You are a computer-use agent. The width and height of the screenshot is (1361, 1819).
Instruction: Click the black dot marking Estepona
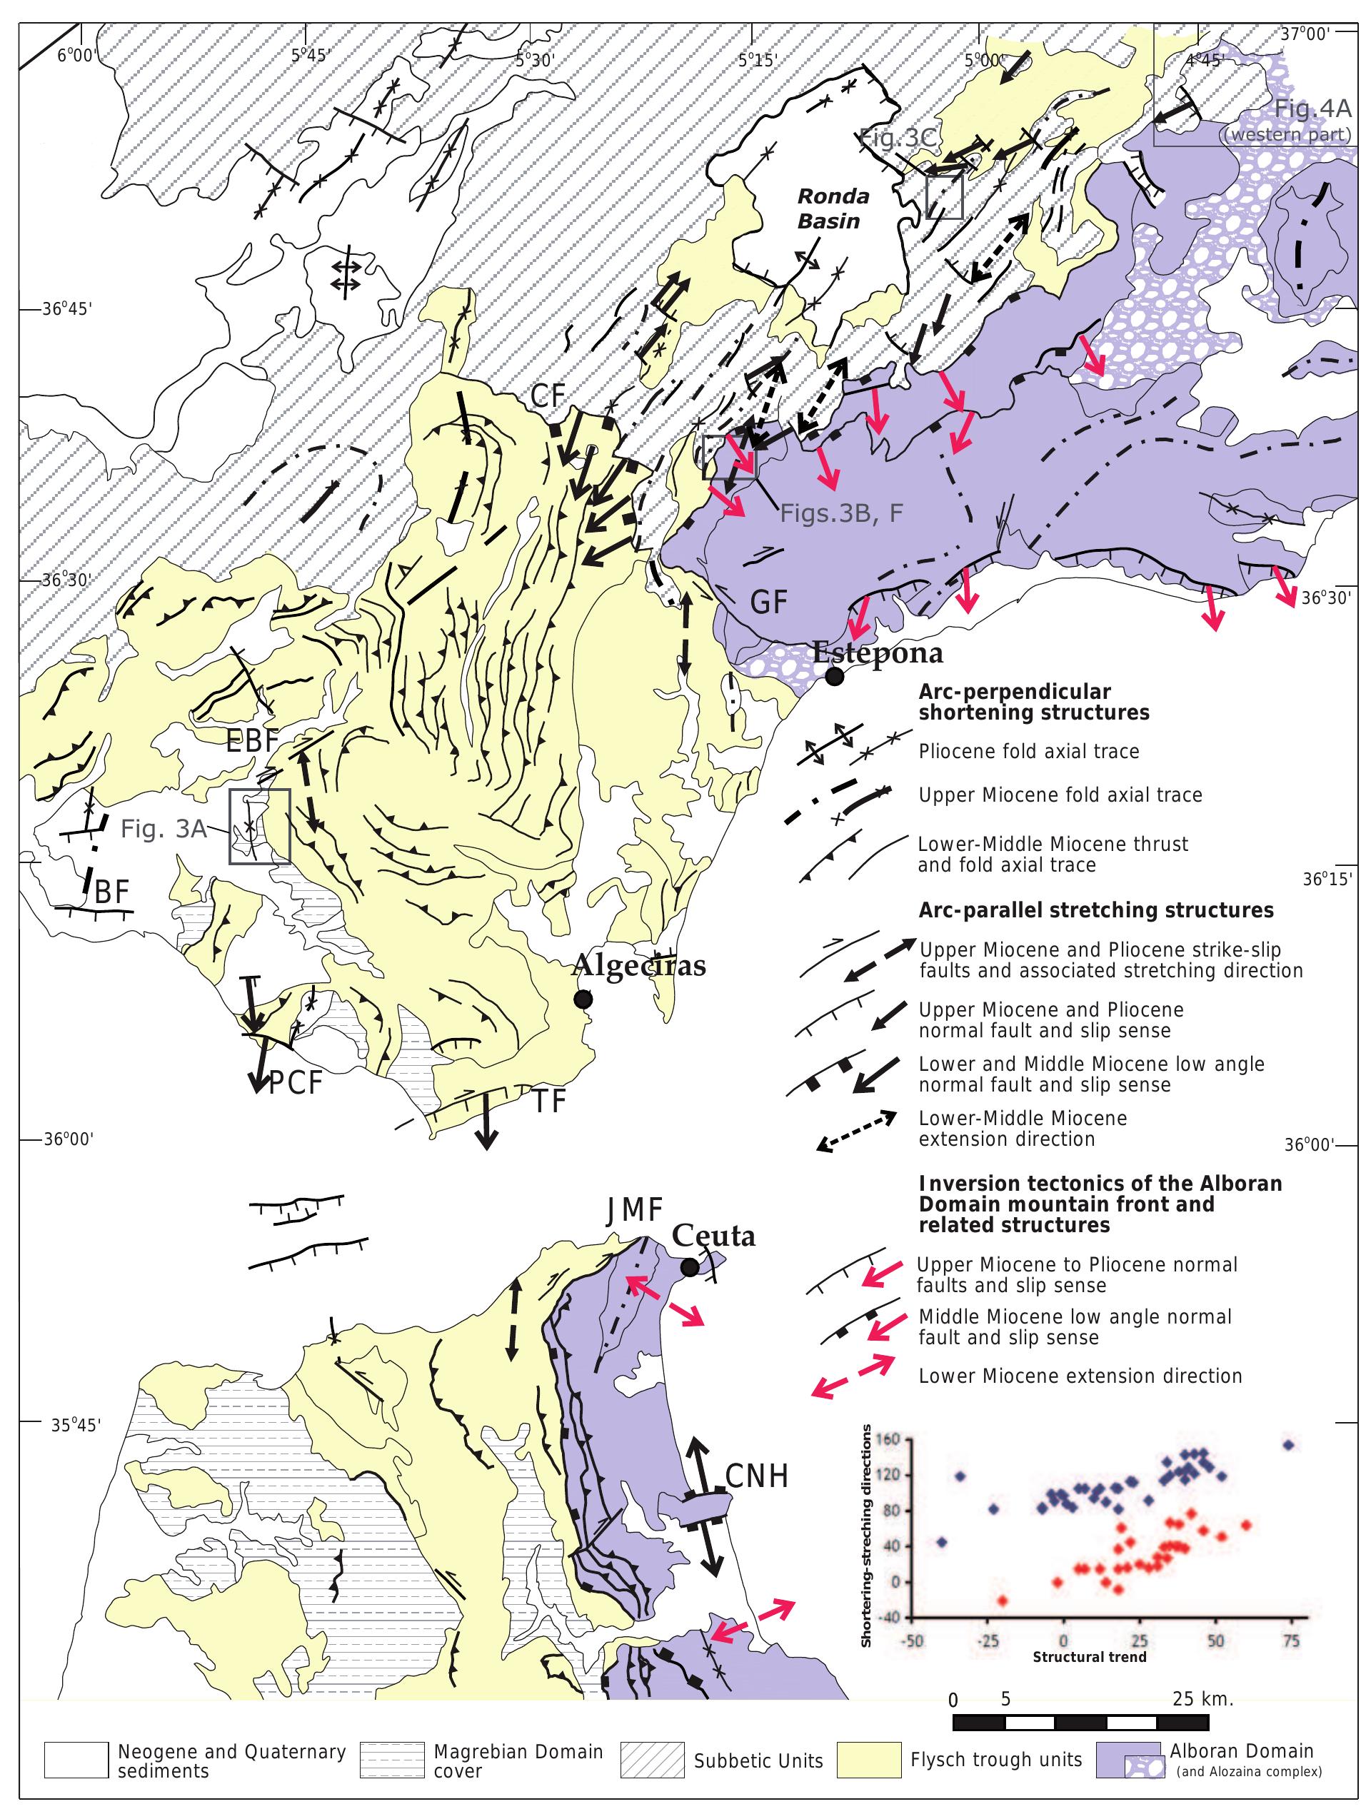coord(834,676)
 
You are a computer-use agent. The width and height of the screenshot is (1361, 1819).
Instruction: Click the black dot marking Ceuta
coord(690,1267)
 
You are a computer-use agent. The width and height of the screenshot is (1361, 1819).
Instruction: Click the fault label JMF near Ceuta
coord(634,1211)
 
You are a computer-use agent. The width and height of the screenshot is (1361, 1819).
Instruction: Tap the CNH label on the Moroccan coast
coord(757,1477)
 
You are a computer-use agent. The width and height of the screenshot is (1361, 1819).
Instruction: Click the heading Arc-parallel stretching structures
coord(1095,910)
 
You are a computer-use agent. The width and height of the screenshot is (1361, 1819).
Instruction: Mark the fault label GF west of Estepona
coord(769,602)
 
